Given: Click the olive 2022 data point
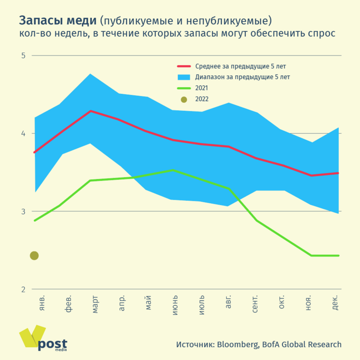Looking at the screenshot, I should point(34,256).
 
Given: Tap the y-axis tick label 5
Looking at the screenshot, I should point(23,55).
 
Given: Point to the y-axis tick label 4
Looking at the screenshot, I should point(23,134).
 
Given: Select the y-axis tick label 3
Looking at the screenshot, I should point(23,211).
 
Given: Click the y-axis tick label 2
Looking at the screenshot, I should point(23,289).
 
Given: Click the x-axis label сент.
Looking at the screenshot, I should point(255,303).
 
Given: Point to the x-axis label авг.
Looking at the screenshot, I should point(229,302).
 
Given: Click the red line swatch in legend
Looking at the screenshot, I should point(184,66).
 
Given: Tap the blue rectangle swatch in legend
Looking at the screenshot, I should point(184,77).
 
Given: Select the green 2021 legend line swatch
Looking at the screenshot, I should point(184,88).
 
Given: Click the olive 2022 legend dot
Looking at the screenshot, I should point(184,99).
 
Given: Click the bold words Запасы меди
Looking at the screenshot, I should point(58,21).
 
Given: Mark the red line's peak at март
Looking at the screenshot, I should point(90,111).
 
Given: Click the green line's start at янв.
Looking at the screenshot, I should point(35,221).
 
